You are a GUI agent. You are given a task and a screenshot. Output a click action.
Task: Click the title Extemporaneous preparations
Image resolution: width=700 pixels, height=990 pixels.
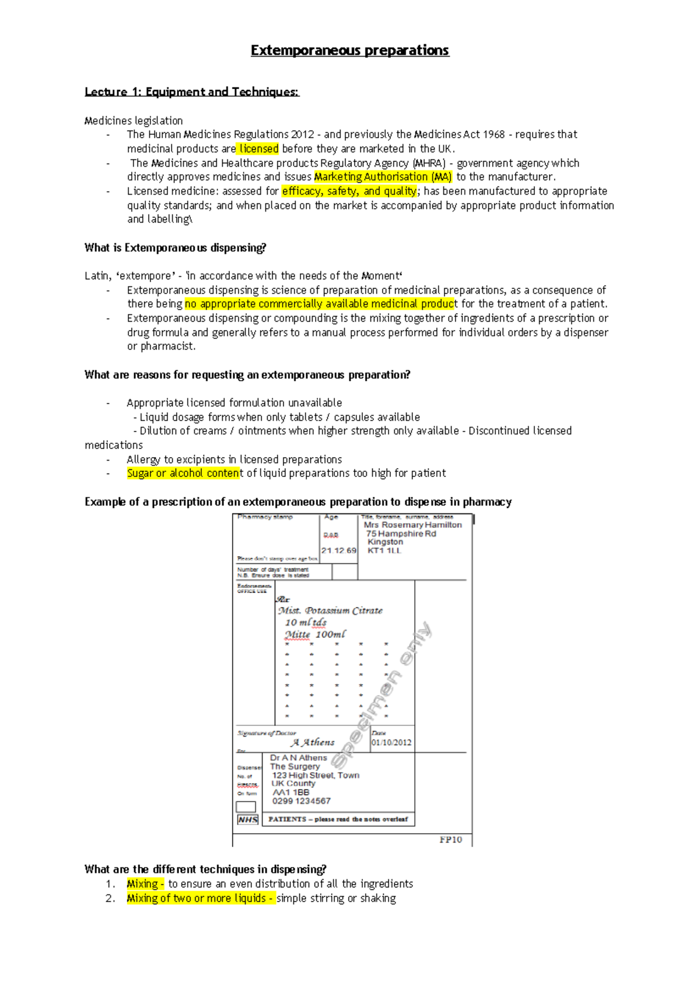point(349,51)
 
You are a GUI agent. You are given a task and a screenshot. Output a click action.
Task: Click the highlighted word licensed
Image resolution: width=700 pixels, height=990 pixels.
point(258,149)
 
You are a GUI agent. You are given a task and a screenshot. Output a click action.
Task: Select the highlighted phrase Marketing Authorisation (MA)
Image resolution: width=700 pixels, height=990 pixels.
point(383,177)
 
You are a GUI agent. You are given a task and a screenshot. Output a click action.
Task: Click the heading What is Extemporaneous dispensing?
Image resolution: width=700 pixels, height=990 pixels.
point(175,248)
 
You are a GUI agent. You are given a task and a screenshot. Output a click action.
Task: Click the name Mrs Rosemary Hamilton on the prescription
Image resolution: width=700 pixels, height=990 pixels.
point(412,525)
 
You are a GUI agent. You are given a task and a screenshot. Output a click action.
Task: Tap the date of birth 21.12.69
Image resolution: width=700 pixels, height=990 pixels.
point(338,550)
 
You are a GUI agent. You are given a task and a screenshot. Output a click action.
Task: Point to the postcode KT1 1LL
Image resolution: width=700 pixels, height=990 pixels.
point(384,550)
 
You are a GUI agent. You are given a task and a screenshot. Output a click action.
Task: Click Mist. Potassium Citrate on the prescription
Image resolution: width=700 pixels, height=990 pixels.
point(330,610)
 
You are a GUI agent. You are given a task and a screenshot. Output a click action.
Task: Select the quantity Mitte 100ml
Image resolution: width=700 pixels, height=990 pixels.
point(315,634)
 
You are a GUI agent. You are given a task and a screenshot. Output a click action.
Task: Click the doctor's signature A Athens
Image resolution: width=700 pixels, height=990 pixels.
point(313,742)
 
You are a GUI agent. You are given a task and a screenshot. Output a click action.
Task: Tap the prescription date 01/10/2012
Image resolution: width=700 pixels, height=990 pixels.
point(391,743)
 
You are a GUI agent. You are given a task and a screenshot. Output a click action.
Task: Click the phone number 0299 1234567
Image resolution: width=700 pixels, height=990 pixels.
point(301,801)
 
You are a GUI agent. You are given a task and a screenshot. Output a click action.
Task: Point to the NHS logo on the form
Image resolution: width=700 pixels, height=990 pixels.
point(247,819)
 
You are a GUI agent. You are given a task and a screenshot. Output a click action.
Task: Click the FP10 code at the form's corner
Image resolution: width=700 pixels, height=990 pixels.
point(450,840)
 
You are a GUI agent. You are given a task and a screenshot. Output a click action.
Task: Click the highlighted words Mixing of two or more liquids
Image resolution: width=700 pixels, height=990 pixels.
point(199,898)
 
